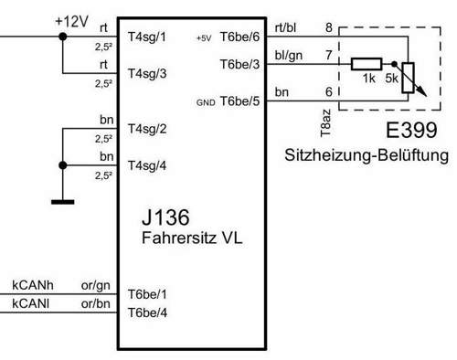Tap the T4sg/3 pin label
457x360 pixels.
coord(148,73)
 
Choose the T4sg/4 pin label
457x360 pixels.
coord(148,165)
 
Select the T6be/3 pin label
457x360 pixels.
coord(240,65)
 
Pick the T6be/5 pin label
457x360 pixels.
coord(240,102)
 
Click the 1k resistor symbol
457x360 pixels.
coord(367,65)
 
